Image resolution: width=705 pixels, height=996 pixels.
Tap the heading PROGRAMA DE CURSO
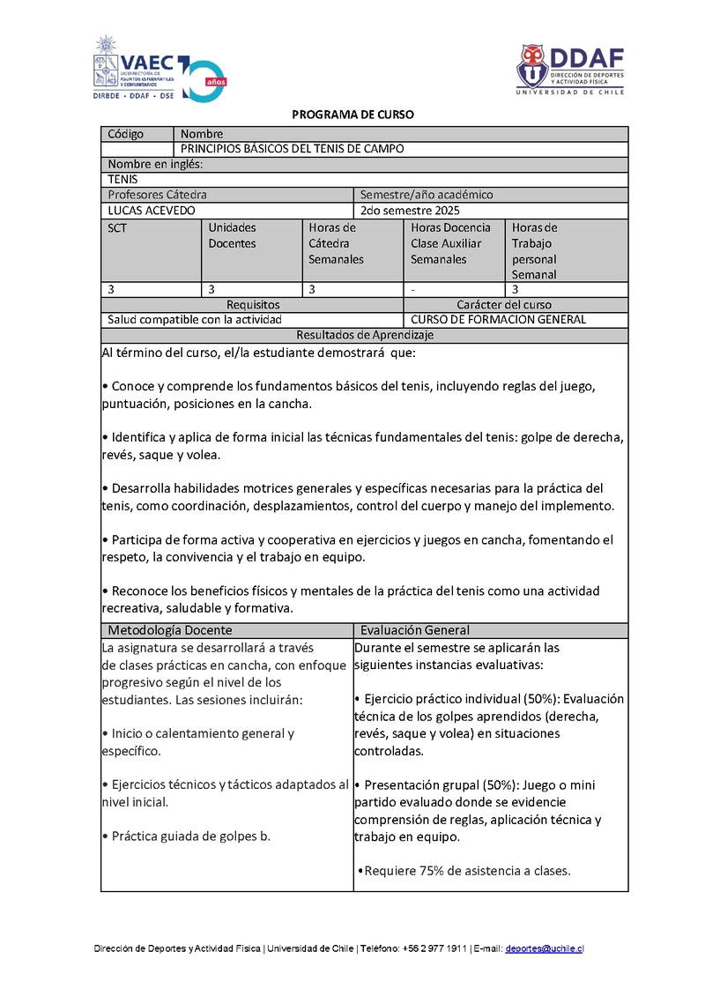coord(352,115)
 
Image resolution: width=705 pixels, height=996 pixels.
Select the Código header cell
coord(125,134)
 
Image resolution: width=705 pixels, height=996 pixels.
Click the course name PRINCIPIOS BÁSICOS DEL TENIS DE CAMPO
coord(292,149)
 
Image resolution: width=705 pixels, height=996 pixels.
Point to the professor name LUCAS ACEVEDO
coord(152,211)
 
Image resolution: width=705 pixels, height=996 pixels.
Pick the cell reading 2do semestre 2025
coord(411,211)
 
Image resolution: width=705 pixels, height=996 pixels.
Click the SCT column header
coord(117,227)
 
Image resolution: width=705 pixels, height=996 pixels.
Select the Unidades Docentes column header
coord(232,235)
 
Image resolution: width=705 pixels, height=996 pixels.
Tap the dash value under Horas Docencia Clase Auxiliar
coord(412,289)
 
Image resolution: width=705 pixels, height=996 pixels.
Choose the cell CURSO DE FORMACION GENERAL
coord(498,320)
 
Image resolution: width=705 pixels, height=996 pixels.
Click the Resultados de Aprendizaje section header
coord(365,335)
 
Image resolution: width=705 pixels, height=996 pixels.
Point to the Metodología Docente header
coord(170,630)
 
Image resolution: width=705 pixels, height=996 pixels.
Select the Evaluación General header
coord(415,630)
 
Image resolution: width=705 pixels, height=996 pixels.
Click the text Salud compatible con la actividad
coord(195,320)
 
